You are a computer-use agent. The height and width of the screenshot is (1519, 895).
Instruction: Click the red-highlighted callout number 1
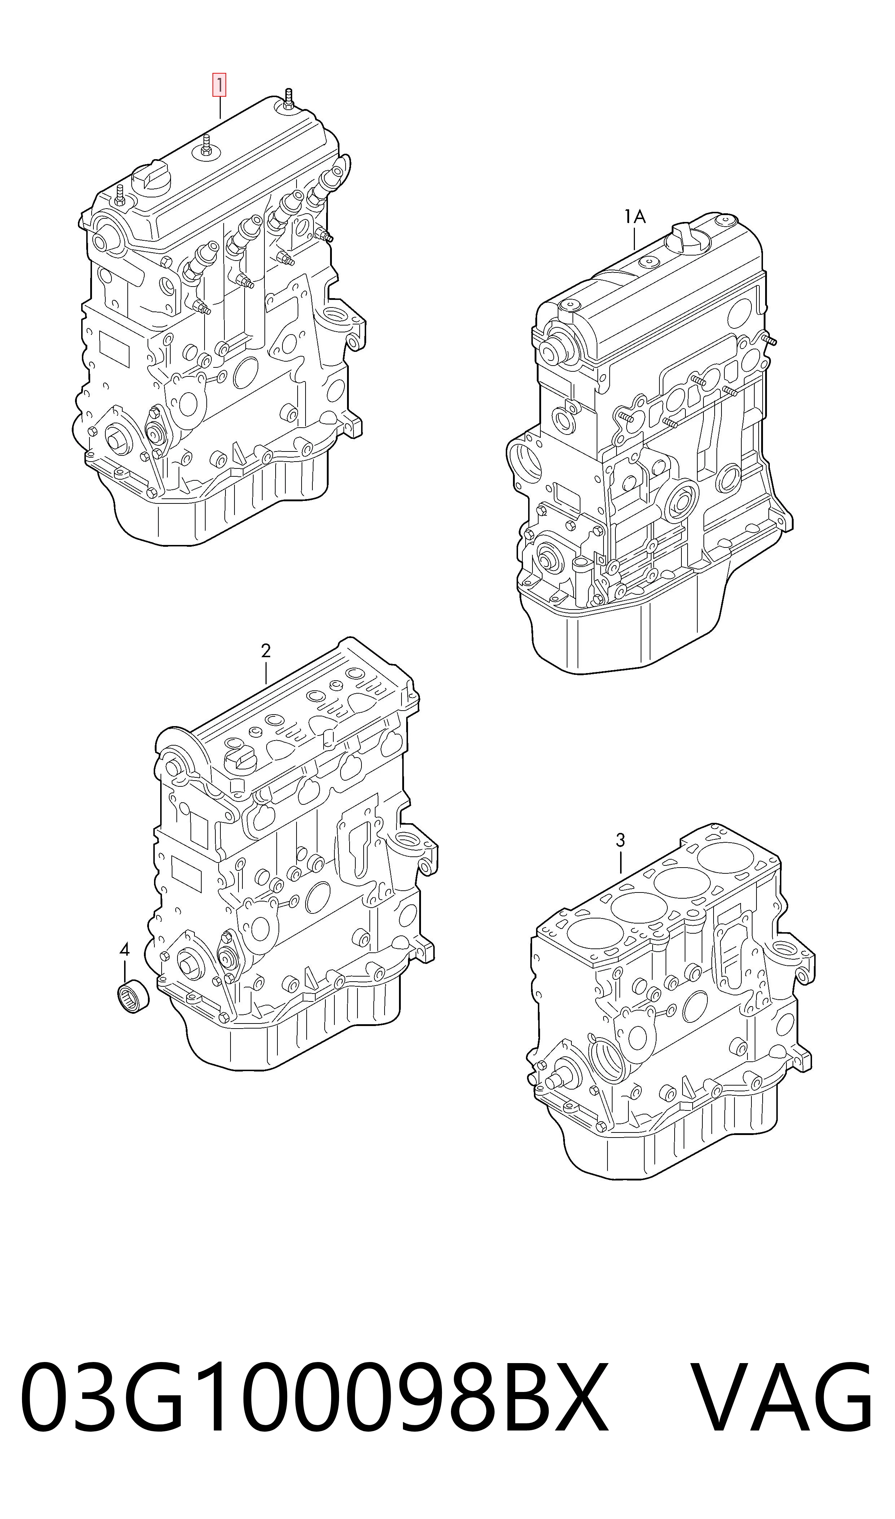click(x=218, y=85)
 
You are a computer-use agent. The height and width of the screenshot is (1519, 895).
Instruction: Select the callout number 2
click(x=266, y=651)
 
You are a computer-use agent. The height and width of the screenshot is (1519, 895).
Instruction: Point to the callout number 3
click(x=620, y=840)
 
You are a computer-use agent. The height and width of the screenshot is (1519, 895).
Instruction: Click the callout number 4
click(x=124, y=950)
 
